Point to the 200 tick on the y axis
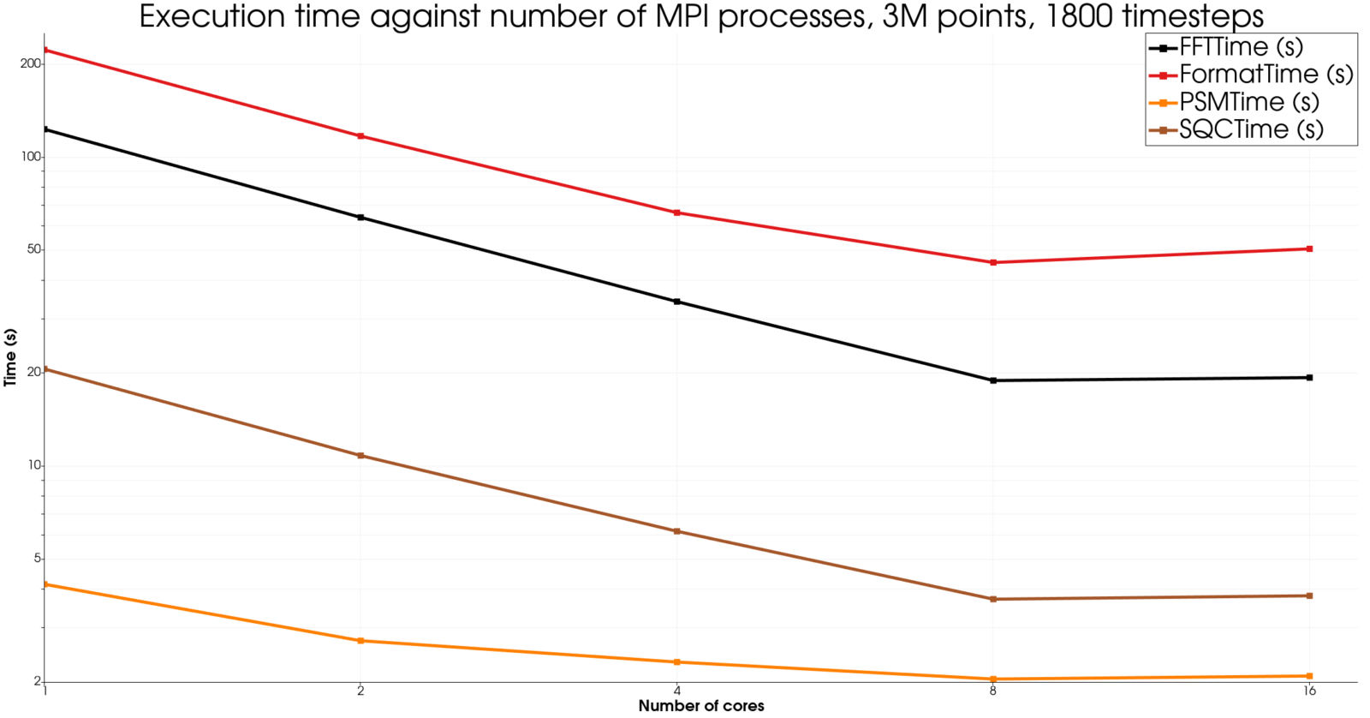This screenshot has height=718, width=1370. click(x=31, y=64)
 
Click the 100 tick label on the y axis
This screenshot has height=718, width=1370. click(x=31, y=157)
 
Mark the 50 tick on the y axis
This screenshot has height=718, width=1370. click(x=33, y=249)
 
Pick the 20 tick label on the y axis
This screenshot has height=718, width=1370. click(x=33, y=372)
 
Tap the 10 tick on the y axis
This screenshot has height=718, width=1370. click(x=34, y=465)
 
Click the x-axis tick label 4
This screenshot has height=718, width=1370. click(x=677, y=691)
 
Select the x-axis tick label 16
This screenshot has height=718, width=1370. click(x=1309, y=691)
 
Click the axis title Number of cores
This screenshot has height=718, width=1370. click(x=701, y=707)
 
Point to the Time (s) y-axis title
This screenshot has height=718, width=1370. click(x=10, y=357)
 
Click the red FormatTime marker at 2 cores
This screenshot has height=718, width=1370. click(x=360, y=136)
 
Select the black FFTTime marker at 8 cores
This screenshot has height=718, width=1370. click(x=993, y=380)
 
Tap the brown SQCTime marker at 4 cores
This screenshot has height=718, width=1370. click(x=677, y=531)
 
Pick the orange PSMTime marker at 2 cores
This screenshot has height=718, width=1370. click(x=360, y=641)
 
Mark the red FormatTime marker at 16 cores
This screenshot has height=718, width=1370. click(x=1309, y=249)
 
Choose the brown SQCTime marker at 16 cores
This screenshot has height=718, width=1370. click(x=1309, y=595)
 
